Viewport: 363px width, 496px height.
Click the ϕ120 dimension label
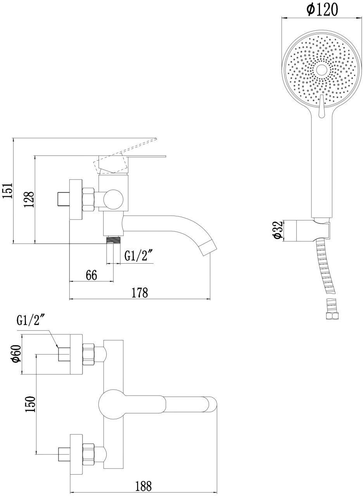tap(322, 10)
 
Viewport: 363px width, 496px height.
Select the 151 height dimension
tap(8, 191)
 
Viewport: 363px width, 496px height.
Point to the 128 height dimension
tap(29, 199)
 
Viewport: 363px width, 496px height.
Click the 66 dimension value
tap(91, 275)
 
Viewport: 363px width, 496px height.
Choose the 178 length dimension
tap(140, 293)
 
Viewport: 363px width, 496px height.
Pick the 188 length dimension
tap(144, 484)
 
